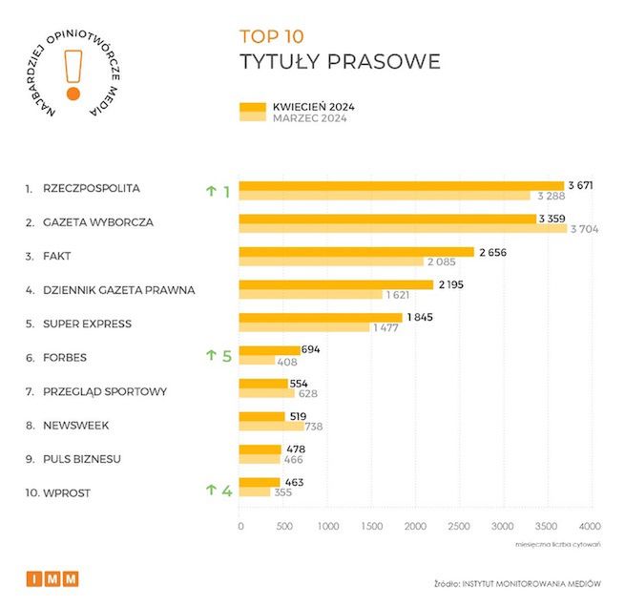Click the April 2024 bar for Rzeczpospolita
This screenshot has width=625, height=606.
click(x=401, y=185)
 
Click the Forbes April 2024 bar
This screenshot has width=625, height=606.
click(x=269, y=350)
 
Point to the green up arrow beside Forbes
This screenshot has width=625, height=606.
click(x=212, y=356)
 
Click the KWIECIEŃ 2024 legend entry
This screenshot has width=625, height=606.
click(x=306, y=106)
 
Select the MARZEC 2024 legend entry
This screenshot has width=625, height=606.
click(x=306, y=118)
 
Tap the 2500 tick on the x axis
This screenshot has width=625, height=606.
click(x=458, y=526)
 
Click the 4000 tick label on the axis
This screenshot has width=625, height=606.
click(x=590, y=526)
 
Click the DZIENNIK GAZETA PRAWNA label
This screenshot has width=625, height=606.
click(x=118, y=290)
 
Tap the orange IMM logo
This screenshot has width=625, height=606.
click(x=52, y=579)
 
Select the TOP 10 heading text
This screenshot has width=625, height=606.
click(x=271, y=36)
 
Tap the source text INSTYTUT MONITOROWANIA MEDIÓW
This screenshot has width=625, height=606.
click(x=532, y=581)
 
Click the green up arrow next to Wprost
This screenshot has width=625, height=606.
click(x=212, y=491)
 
